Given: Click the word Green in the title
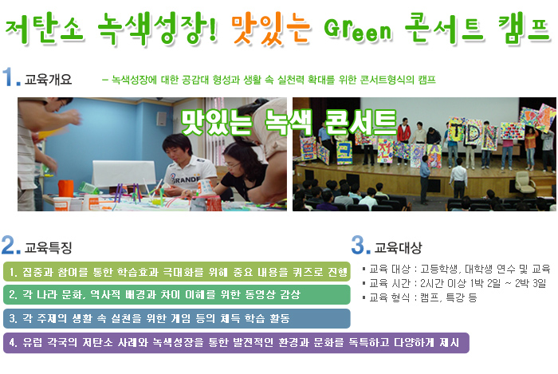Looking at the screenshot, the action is click(358, 29).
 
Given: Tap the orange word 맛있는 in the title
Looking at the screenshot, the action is click(270, 29).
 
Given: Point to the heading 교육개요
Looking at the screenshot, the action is click(49, 80).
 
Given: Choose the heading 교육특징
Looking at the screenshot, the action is click(49, 247).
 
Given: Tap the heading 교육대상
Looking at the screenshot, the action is click(399, 247).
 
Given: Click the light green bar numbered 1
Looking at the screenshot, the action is click(176, 272).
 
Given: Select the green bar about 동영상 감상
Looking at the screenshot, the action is click(176, 294).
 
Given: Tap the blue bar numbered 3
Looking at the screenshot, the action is click(176, 318).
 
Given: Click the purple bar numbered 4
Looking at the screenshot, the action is click(236, 343).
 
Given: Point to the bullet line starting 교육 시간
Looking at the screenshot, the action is click(454, 283).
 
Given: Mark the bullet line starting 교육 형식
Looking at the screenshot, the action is click(419, 297).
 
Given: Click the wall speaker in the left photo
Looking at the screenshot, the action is click(161, 119).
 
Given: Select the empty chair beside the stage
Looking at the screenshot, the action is click(524, 181).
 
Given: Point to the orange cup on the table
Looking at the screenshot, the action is click(66, 188).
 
